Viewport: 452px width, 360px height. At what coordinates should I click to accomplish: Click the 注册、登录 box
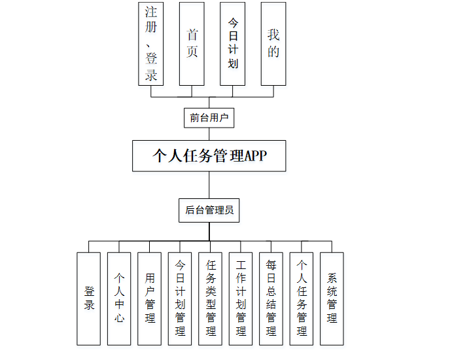(x=151, y=43)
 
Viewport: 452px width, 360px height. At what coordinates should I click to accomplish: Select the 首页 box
(x=192, y=43)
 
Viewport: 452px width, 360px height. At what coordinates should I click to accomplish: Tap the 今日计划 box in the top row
(x=233, y=43)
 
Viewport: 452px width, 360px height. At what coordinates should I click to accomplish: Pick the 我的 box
(x=273, y=43)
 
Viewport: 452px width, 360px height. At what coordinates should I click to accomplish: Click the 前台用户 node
(x=209, y=118)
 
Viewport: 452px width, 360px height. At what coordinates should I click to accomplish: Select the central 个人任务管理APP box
(x=209, y=156)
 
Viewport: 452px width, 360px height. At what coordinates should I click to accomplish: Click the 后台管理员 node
(x=209, y=211)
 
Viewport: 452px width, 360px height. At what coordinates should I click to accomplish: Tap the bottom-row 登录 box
(x=90, y=298)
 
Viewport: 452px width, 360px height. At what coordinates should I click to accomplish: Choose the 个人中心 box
(x=120, y=298)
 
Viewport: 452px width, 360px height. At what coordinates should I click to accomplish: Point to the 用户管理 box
(x=150, y=298)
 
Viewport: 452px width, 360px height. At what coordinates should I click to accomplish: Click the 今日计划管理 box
(x=181, y=298)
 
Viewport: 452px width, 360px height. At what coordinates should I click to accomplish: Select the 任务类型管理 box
(x=211, y=298)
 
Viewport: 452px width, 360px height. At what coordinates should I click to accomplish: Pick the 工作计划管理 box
(x=241, y=298)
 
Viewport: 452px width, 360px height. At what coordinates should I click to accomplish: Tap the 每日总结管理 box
(x=271, y=298)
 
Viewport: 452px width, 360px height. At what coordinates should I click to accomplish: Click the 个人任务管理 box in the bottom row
(x=302, y=298)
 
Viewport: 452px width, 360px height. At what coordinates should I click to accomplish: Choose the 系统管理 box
(x=332, y=298)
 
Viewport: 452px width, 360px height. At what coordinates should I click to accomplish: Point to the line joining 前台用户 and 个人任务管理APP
(x=209, y=134)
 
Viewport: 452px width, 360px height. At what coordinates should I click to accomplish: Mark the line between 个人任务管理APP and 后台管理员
(x=209, y=185)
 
